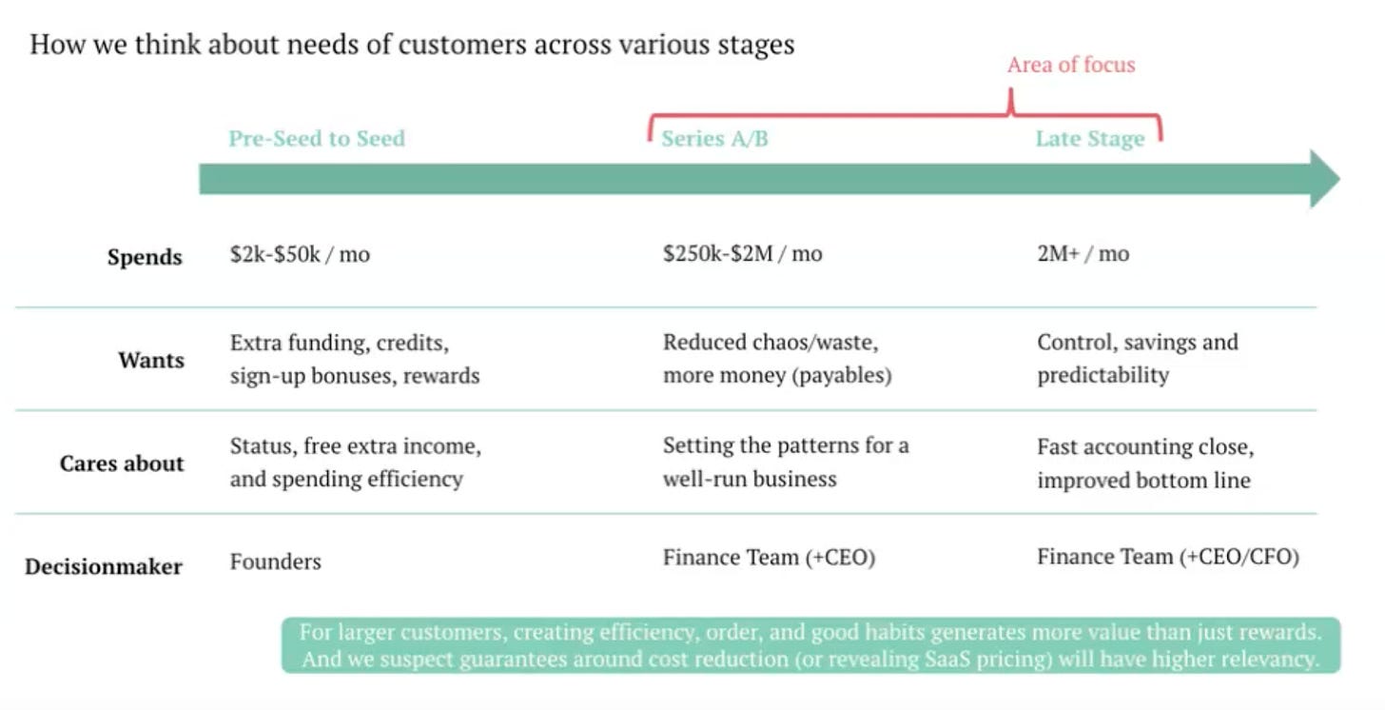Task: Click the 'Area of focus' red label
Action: (x=1071, y=65)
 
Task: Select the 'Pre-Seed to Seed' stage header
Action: (x=317, y=139)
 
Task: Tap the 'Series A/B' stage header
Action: (x=715, y=139)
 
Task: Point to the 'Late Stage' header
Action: (x=1090, y=139)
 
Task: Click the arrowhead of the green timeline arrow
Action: (x=1324, y=178)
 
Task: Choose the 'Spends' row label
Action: (x=145, y=257)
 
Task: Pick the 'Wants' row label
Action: (x=151, y=360)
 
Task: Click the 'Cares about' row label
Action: (x=122, y=463)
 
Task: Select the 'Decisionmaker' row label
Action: (x=104, y=566)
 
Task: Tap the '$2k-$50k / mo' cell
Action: (x=300, y=254)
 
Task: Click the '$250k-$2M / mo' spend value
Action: (x=743, y=254)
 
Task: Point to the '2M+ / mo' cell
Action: (x=1083, y=254)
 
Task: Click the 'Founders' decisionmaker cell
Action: (x=276, y=562)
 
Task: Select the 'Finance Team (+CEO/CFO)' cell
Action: (x=1168, y=557)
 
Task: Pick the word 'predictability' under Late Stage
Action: (x=1103, y=375)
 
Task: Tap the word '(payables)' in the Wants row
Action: (x=846, y=375)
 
